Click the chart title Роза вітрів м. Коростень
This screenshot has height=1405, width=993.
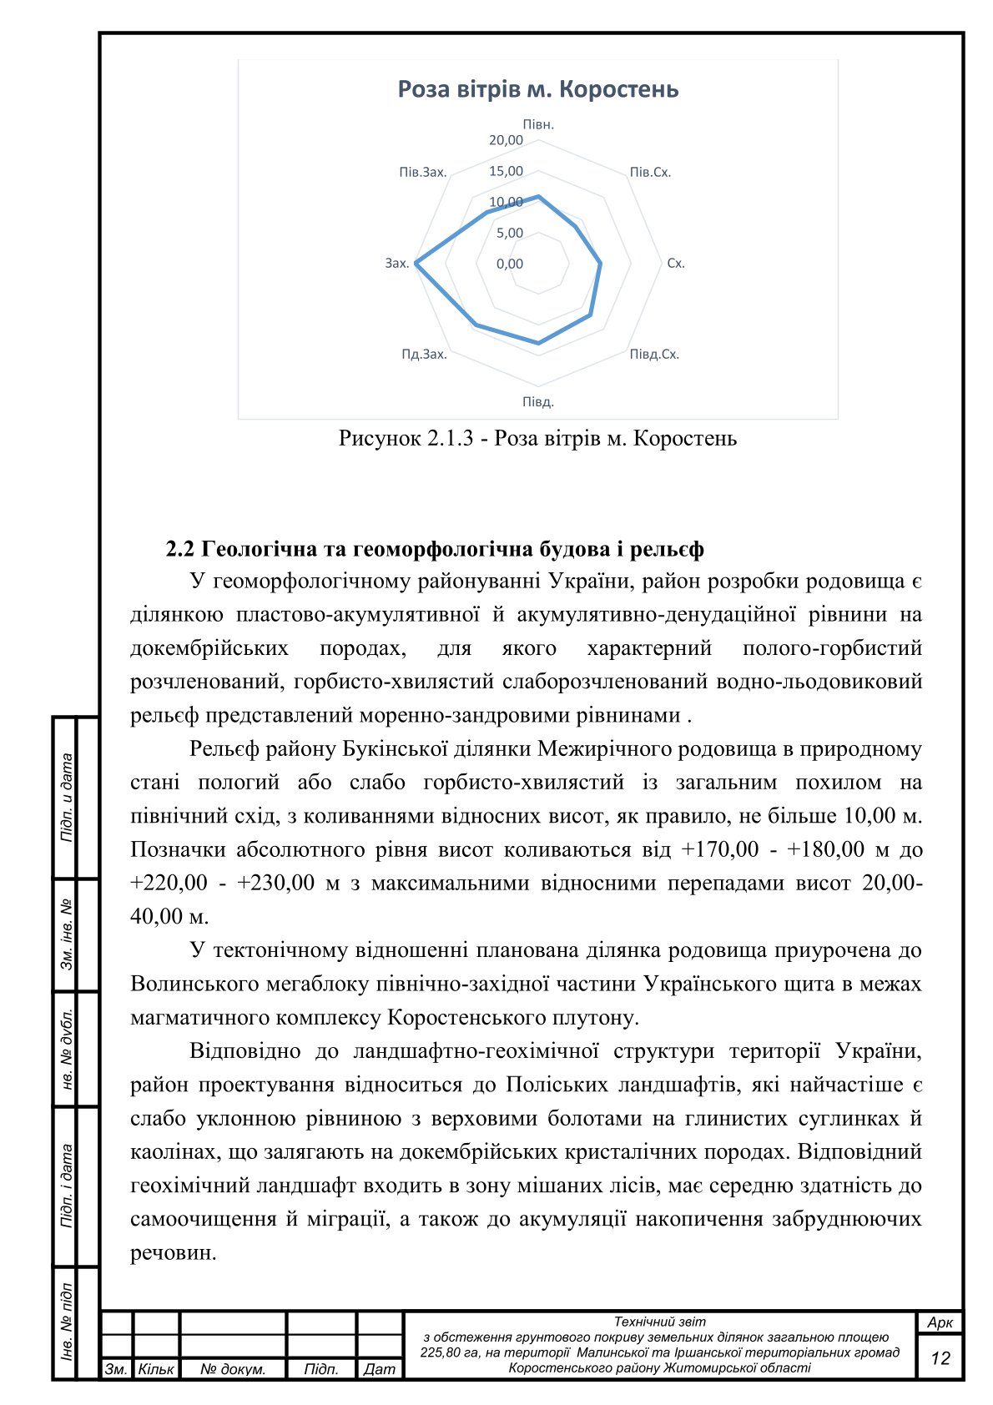click(x=537, y=89)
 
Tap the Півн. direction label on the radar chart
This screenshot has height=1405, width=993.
click(x=538, y=124)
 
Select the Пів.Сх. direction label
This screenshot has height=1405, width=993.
click(x=650, y=173)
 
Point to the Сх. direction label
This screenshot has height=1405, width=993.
click(x=675, y=264)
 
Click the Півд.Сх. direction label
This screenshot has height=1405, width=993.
click(x=654, y=355)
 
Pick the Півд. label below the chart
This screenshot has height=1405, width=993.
click(x=538, y=402)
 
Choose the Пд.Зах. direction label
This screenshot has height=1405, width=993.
click(x=424, y=355)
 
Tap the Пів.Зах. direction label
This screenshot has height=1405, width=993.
click(x=423, y=173)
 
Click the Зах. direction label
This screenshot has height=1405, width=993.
click(x=396, y=264)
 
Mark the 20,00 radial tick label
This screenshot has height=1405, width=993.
click(x=506, y=140)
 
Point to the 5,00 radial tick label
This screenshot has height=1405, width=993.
click(x=509, y=234)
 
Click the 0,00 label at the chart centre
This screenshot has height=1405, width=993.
click(x=509, y=264)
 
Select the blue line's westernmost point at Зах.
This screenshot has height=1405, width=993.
click(x=416, y=264)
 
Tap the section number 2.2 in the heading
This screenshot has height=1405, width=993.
click(x=180, y=549)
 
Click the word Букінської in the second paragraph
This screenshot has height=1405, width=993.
click(x=396, y=749)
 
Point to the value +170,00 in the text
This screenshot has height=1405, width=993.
click(x=719, y=850)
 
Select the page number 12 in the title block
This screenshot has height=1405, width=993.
click(x=940, y=1358)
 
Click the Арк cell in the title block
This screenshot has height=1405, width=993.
click(x=940, y=1323)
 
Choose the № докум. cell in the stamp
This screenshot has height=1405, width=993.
click(x=233, y=1369)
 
